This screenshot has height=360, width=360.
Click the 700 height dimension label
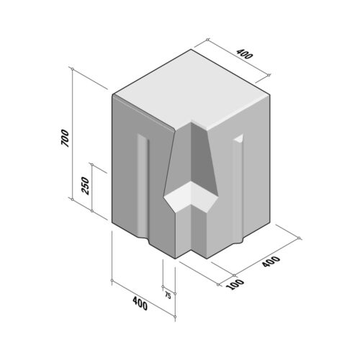coord(65,138)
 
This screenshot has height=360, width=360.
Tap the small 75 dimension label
coord(168,295)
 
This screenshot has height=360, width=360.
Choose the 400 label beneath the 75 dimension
coord(140,304)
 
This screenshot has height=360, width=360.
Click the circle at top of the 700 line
coord(73,68)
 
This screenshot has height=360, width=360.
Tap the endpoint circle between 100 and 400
coord(235,275)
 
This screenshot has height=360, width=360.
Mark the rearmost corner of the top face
coord(193,50)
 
